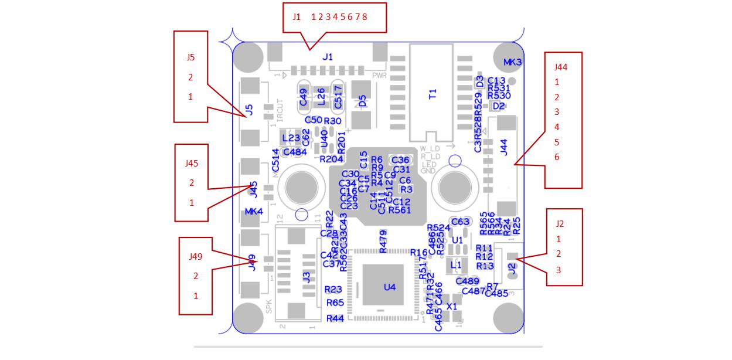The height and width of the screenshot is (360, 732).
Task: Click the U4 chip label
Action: point(390,287)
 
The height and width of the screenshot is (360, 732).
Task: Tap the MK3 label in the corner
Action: point(513,62)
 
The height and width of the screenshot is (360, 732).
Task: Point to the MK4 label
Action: point(254,211)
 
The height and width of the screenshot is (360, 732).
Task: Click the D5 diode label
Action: point(362,101)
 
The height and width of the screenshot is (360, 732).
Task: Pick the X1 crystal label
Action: point(452,306)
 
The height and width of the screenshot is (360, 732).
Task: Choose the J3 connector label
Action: point(307,277)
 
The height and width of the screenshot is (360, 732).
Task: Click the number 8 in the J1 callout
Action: point(365,17)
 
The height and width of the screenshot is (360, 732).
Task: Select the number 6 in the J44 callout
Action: point(557,157)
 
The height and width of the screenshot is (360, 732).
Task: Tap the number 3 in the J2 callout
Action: point(559,270)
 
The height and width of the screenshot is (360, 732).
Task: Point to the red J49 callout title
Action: point(196,256)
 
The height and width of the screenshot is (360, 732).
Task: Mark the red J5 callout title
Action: point(190,57)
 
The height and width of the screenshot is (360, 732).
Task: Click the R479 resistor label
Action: point(383,242)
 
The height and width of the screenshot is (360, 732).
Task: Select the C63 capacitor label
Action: point(460,222)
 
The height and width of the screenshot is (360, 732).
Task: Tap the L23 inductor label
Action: point(291,138)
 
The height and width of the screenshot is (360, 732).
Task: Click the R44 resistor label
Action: point(335,318)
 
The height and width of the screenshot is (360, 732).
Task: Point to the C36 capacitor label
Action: point(400,160)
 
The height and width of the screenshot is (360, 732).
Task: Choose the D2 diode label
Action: point(499,106)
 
